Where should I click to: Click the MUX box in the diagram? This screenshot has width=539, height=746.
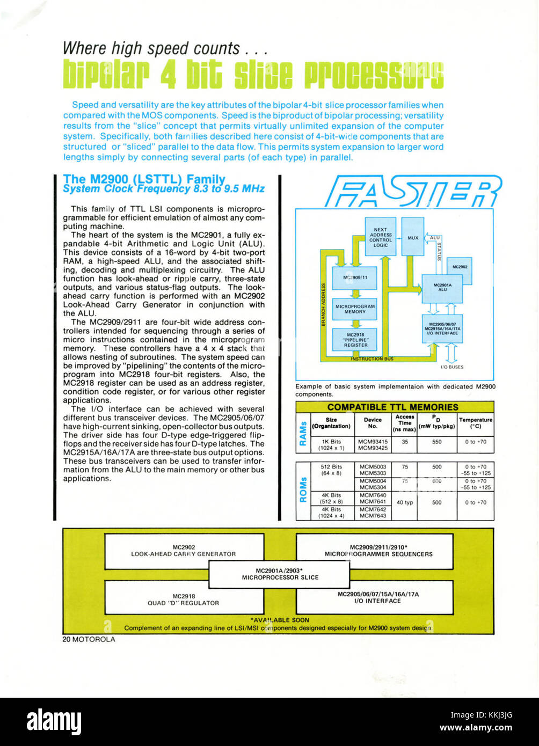point(412,237)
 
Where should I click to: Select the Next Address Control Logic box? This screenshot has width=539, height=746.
point(380,237)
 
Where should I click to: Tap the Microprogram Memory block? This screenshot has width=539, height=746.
point(354,309)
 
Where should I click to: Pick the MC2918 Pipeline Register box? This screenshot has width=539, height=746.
point(354,339)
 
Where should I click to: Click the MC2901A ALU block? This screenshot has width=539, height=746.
point(442,288)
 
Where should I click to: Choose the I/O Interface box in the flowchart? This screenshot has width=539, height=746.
point(442,328)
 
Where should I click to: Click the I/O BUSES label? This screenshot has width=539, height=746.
point(451,367)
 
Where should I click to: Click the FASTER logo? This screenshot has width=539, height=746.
point(413,191)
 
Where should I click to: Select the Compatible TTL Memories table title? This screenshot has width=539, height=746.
point(394,407)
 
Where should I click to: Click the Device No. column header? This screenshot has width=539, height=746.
point(373,423)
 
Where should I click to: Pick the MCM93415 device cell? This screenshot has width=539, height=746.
point(373,442)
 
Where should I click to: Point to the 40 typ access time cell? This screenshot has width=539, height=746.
point(404,502)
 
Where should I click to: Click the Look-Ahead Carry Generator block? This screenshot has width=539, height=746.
point(184,551)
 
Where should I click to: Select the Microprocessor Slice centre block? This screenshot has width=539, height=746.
point(279,574)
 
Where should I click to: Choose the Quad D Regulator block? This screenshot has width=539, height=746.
point(184,599)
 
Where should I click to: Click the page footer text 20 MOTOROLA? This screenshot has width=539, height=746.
point(89,639)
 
